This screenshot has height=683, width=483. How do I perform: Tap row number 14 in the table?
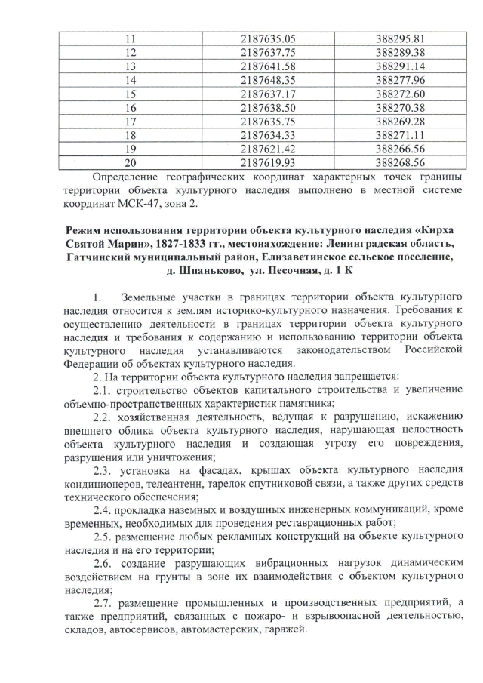coord(130,79)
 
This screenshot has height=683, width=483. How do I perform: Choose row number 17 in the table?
coord(130,120)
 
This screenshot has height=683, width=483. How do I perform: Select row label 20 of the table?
coord(130,161)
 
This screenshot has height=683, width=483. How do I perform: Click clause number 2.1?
coord(103,389)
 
